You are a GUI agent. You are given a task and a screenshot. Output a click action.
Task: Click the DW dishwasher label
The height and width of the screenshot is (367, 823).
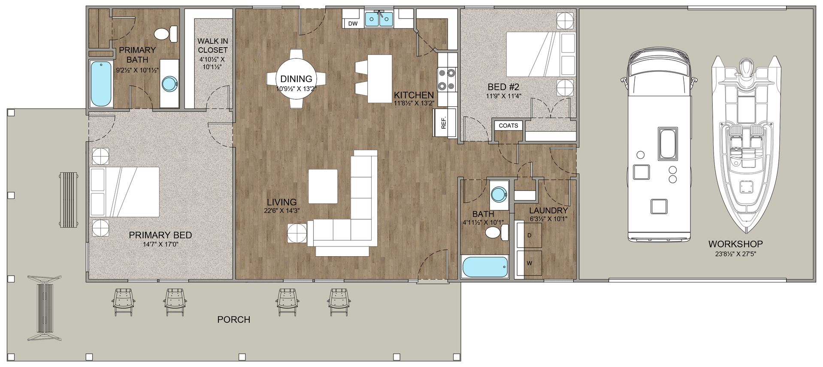click(353, 24)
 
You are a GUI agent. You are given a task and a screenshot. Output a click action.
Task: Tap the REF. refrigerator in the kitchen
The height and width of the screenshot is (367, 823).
click(444, 123)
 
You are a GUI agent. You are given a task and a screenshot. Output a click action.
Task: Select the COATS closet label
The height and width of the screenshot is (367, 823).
click(508, 126)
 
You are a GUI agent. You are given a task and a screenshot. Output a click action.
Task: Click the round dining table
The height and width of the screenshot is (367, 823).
click(296, 79)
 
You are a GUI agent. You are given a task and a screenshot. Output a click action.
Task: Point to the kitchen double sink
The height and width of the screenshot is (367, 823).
click(379, 19)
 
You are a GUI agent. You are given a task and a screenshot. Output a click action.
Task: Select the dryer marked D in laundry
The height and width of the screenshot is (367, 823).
click(529, 235)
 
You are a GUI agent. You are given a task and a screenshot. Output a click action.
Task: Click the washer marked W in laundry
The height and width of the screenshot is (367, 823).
click(529, 263)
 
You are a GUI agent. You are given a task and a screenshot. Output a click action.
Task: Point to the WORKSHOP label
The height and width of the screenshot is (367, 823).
click(735, 244)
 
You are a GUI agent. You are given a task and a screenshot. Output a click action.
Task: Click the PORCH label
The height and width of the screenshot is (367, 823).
click(233, 319)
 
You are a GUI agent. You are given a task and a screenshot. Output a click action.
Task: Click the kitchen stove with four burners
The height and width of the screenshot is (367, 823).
click(447, 79)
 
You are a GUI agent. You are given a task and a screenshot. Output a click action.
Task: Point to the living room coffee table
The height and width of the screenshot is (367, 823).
click(323, 187)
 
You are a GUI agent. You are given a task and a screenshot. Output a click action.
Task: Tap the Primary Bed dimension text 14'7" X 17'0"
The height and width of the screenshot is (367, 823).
click(160, 244)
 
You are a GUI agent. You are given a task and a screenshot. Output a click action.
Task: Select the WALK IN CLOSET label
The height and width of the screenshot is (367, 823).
click(212, 45)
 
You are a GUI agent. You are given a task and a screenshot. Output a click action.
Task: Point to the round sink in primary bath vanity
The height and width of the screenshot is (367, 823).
click(169, 84)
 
